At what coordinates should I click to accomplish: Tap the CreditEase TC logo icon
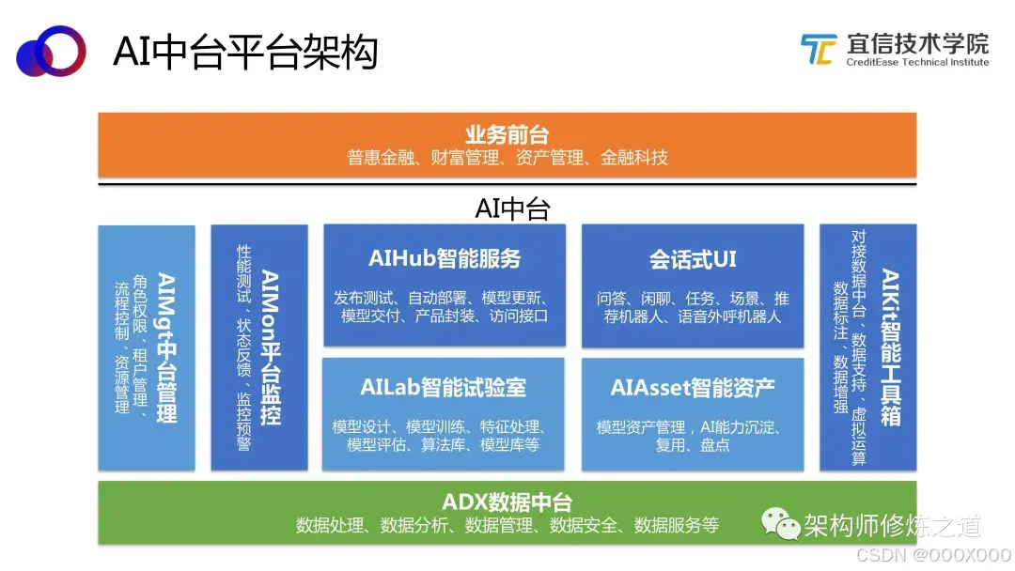coord(818,50)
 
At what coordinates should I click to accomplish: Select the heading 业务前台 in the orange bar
coord(507,134)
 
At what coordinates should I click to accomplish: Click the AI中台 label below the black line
coord(511,208)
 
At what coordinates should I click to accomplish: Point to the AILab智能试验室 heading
coord(443,387)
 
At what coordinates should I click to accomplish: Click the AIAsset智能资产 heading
coord(693,387)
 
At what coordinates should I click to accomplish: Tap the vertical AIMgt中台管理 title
coord(166,347)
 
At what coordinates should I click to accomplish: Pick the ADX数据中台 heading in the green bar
coord(507,502)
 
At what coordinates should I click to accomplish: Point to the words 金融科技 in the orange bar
coord(634,158)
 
